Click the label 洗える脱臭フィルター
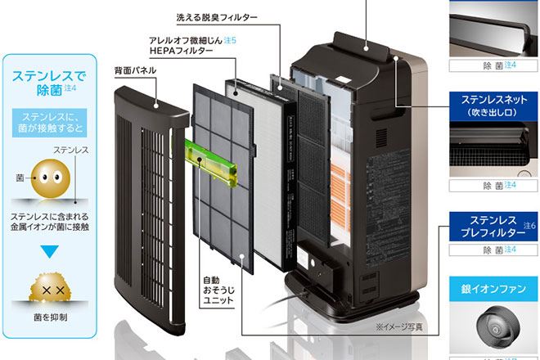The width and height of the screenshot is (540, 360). click(x=216, y=17)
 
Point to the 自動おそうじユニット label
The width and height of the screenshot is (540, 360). click(x=218, y=290)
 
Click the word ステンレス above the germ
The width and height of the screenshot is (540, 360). click(x=72, y=151)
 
